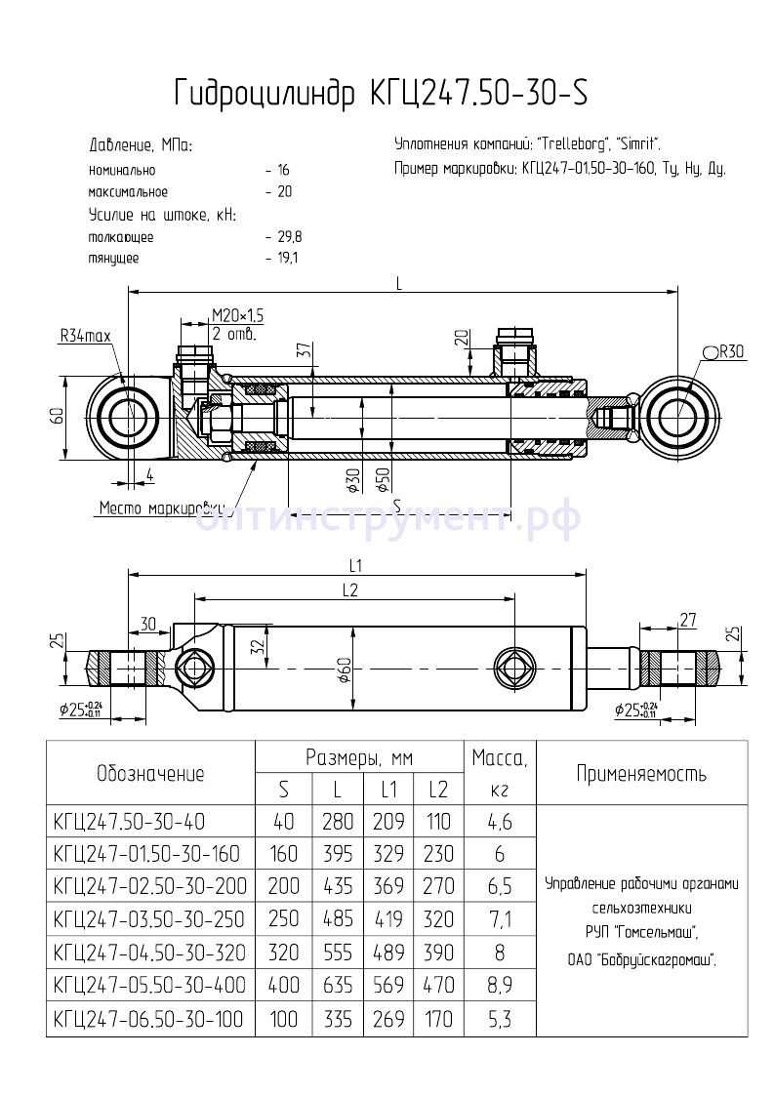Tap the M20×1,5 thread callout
(238, 314)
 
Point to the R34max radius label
(86, 336)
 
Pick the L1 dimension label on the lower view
(355, 565)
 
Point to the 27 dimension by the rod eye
(687, 619)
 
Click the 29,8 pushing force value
(290, 237)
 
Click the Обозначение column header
(151, 774)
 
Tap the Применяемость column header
(640, 774)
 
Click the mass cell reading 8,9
(498, 984)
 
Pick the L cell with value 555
(338, 952)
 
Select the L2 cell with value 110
(438, 822)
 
